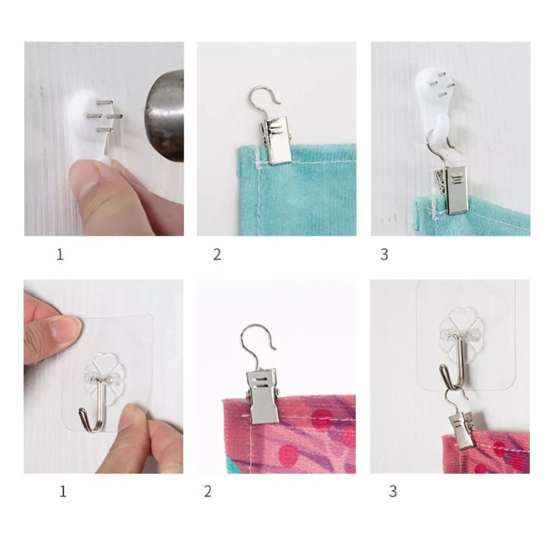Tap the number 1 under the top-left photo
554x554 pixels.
[x=60, y=254]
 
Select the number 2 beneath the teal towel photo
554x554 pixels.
[x=217, y=254]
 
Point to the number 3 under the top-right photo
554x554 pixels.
[x=384, y=254]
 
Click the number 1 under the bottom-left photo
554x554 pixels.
[x=63, y=491]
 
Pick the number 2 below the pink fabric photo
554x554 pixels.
[x=207, y=491]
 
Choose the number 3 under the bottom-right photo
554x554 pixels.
[x=393, y=491]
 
